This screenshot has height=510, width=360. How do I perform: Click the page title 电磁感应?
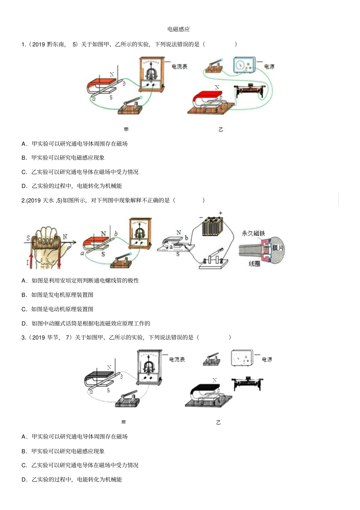point(178,29)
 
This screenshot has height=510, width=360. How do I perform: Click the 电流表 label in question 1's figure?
point(179,67)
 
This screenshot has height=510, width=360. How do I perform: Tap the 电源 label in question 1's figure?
point(269,67)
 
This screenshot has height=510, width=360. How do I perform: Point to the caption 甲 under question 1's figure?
point(126,129)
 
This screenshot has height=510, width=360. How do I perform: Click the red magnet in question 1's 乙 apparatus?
point(205,95)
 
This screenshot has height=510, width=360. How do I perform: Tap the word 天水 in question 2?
point(48,200)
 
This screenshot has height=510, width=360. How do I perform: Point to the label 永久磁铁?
point(253,233)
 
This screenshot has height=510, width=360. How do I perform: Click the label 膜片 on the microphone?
point(278,248)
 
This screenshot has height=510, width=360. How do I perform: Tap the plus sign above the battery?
point(221,213)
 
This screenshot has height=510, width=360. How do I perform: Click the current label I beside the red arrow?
point(27,262)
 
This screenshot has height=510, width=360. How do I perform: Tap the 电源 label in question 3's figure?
point(267,359)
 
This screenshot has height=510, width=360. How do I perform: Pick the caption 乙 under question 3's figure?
point(218,422)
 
